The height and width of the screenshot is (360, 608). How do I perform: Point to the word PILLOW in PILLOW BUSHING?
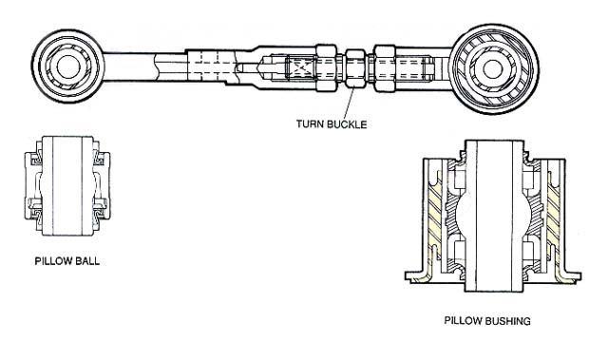click(x=464, y=321)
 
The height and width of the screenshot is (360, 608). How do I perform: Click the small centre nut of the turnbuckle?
click(x=355, y=67)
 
